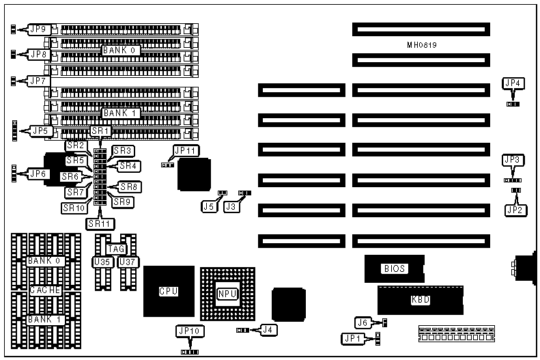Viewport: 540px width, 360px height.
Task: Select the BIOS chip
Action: [x=395, y=268]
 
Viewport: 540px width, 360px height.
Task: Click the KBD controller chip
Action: [x=415, y=299]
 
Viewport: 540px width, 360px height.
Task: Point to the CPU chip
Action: [x=169, y=291]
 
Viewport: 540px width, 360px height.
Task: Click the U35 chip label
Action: [x=100, y=261]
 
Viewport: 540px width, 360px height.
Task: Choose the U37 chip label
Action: [x=126, y=261]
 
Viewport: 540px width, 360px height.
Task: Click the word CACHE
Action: [x=46, y=290]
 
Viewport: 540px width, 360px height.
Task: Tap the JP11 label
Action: [x=186, y=150]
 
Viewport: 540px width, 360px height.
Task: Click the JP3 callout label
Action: [x=512, y=160]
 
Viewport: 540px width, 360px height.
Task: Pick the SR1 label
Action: [x=100, y=130]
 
